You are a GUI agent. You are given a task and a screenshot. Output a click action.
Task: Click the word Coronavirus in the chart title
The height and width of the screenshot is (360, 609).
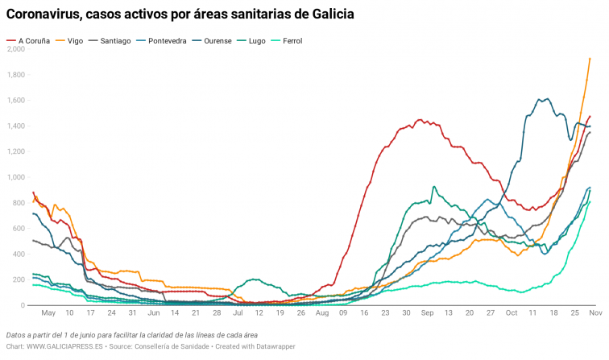click(45, 14)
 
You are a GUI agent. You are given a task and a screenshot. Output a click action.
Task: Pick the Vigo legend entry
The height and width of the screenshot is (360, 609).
click(75, 39)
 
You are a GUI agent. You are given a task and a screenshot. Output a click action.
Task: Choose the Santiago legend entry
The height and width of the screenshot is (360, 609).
click(116, 39)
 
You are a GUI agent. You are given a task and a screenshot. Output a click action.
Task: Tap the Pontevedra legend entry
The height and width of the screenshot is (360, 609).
click(171, 39)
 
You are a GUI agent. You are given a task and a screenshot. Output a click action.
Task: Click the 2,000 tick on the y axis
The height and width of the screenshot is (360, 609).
click(15, 49)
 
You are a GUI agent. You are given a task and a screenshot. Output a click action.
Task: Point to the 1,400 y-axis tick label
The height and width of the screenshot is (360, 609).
click(15, 126)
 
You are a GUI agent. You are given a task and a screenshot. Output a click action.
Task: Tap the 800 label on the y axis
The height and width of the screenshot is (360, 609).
click(18, 203)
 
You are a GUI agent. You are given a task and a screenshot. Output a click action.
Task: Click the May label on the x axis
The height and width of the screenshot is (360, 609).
click(48, 313)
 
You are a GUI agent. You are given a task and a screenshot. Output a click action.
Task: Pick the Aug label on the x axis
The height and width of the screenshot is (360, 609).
click(322, 313)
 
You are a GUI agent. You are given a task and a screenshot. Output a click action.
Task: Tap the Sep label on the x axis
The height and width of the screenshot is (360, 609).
click(426, 313)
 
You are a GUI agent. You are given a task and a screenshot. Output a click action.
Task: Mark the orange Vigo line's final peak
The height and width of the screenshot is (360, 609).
click(590, 58)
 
